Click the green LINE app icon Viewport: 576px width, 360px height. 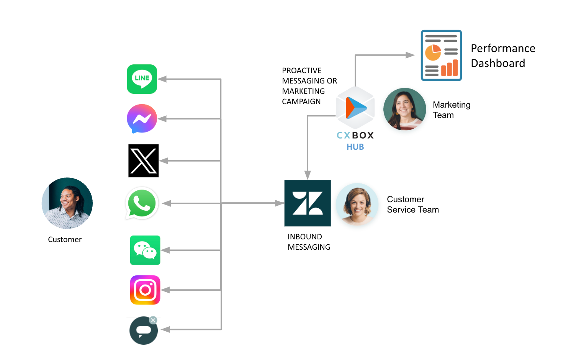click(x=142, y=79)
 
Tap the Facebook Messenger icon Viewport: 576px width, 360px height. click(x=142, y=119)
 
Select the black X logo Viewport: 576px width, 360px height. click(x=144, y=161)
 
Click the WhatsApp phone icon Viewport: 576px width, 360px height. click(x=142, y=203)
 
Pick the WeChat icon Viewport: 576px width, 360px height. click(x=145, y=250)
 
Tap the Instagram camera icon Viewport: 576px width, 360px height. click(x=145, y=290)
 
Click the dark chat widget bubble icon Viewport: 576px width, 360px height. click(x=144, y=330)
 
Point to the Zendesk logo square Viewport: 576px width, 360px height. click(x=308, y=203)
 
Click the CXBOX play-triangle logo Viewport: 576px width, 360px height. click(x=355, y=108)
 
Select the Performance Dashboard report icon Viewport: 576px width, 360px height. click(x=441, y=56)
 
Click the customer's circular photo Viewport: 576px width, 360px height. click(x=67, y=203)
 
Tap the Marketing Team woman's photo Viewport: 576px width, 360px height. click(x=404, y=109)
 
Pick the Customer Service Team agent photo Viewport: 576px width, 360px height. click(x=357, y=204)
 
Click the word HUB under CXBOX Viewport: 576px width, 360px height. click(x=355, y=147)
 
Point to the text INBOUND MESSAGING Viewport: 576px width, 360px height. click(x=309, y=242)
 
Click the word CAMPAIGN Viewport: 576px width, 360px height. click(x=301, y=101)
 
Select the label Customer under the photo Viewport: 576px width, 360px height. click(x=65, y=239)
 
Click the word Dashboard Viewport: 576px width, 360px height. click(x=498, y=63)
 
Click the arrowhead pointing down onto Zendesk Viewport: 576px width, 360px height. click(x=308, y=175)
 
